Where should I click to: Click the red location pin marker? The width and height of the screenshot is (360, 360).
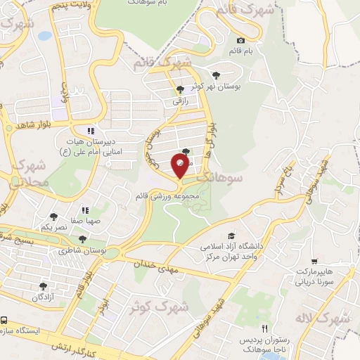point(180,166)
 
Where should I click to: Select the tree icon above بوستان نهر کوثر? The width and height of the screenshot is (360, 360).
point(216,75)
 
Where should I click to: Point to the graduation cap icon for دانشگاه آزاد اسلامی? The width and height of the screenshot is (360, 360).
point(231,236)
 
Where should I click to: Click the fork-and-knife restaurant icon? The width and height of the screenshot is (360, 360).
point(264,328)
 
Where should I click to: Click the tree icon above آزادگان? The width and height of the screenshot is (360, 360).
point(43,286)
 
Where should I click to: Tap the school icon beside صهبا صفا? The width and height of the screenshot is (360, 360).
point(84,210)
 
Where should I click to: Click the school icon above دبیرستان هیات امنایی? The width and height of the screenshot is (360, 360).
point(90,130)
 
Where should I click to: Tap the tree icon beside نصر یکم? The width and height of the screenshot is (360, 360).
point(53,217)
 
